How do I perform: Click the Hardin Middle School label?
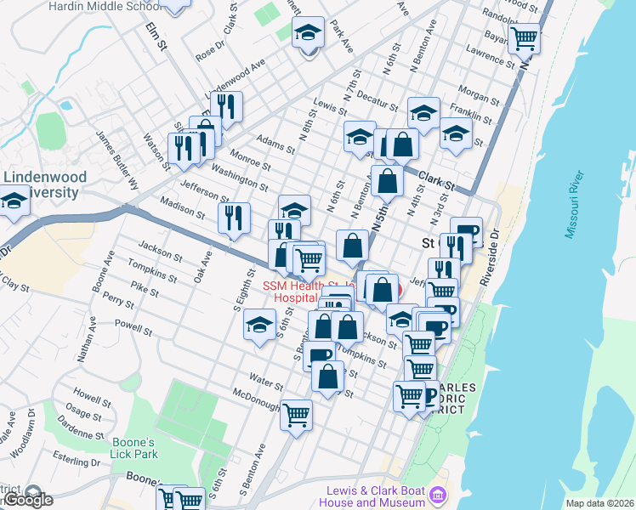tap(105, 6)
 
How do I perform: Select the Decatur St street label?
tap(377, 100)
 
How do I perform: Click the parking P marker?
tap(430, 395)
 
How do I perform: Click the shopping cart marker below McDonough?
tap(297, 416)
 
